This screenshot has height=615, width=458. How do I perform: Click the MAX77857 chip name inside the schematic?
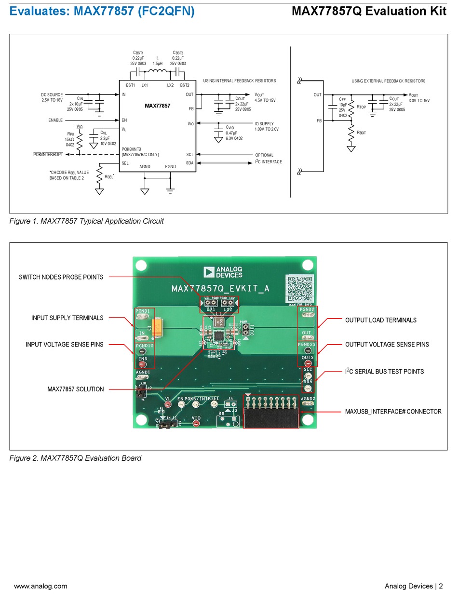click(157, 105)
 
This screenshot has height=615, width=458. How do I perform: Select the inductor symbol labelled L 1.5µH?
click(157, 72)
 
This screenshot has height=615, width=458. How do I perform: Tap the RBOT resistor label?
click(361, 133)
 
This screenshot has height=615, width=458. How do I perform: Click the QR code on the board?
click(299, 288)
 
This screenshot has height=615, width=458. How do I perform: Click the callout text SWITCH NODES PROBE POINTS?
click(61, 277)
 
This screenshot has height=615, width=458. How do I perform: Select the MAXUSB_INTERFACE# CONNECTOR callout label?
click(393, 412)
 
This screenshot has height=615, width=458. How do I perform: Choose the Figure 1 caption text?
click(87, 221)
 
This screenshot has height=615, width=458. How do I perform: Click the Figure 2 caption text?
click(75, 458)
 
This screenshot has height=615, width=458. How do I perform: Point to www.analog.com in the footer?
click(40, 586)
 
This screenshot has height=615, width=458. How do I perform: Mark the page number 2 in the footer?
click(440, 586)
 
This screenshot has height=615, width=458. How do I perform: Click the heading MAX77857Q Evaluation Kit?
click(369, 11)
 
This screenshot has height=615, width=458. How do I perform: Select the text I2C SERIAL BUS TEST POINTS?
click(384, 372)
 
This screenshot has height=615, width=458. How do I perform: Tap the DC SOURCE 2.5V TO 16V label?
click(52, 97)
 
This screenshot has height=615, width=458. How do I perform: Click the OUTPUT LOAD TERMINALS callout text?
click(380, 320)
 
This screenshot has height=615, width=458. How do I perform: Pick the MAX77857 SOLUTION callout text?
click(75, 389)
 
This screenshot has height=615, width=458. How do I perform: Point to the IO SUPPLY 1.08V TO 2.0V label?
click(267, 126)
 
